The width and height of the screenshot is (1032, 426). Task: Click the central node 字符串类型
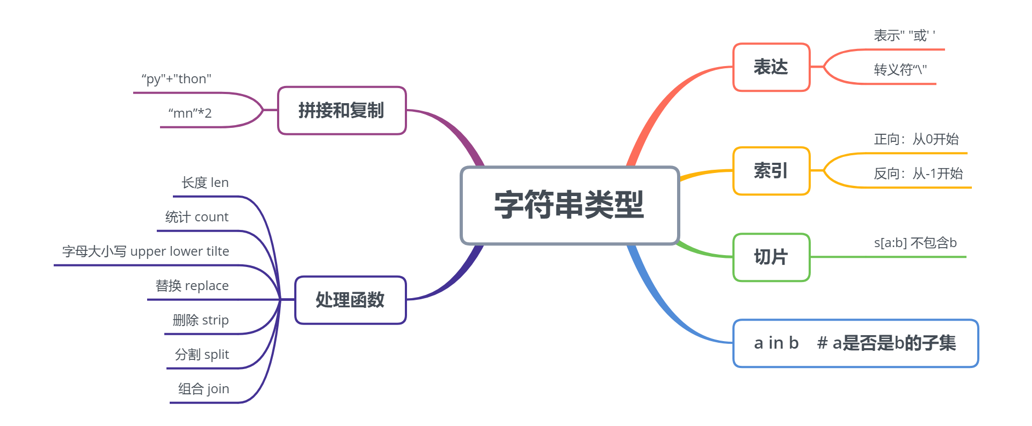pos(570,205)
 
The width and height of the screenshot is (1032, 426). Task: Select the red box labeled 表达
pos(771,67)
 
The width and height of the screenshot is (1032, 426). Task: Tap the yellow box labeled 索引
pos(771,171)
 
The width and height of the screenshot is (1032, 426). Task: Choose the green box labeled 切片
pos(771,257)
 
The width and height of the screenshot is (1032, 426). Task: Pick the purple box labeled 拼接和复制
pos(341,111)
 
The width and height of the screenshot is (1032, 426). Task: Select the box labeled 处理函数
pos(350,300)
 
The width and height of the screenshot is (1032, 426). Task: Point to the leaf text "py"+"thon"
pos(176,80)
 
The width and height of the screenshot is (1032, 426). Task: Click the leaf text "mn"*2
pos(190,113)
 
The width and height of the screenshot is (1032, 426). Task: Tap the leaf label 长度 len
pos(205,183)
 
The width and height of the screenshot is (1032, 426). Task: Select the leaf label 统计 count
pos(197,217)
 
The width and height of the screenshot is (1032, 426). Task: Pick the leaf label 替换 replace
pos(192,286)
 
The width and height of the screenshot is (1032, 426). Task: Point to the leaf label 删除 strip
pos(201,320)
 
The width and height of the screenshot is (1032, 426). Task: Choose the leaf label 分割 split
pos(202,355)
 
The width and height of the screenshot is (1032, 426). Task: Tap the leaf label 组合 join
pos(204,389)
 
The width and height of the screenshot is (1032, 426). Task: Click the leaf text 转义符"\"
pos(900,70)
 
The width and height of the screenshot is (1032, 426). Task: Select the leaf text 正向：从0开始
pos(916,140)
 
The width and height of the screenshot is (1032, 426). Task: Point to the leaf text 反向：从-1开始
pos(918,174)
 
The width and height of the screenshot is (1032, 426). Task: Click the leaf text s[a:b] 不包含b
pos(915,243)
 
